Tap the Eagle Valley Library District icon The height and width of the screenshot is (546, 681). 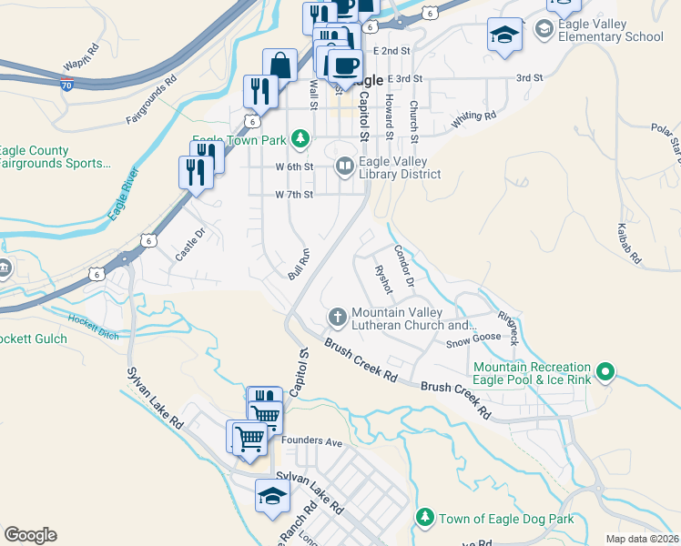(345, 166)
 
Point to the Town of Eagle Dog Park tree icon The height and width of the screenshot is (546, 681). (424, 518)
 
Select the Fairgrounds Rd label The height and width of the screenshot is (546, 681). (150, 104)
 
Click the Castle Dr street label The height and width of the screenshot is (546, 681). (191, 245)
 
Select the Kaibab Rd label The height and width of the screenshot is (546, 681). (629, 246)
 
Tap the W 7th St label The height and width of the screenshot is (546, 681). (294, 195)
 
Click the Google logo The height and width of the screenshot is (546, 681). (30, 535)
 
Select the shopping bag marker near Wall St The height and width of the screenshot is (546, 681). (280, 66)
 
